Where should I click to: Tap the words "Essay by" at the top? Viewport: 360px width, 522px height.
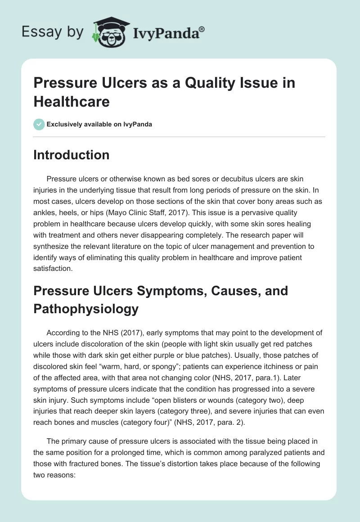click(52, 32)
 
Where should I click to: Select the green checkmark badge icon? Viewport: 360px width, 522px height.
click(39, 124)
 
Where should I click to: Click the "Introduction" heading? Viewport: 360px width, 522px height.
click(72, 155)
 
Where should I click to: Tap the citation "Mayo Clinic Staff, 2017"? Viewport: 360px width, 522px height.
click(142, 202)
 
